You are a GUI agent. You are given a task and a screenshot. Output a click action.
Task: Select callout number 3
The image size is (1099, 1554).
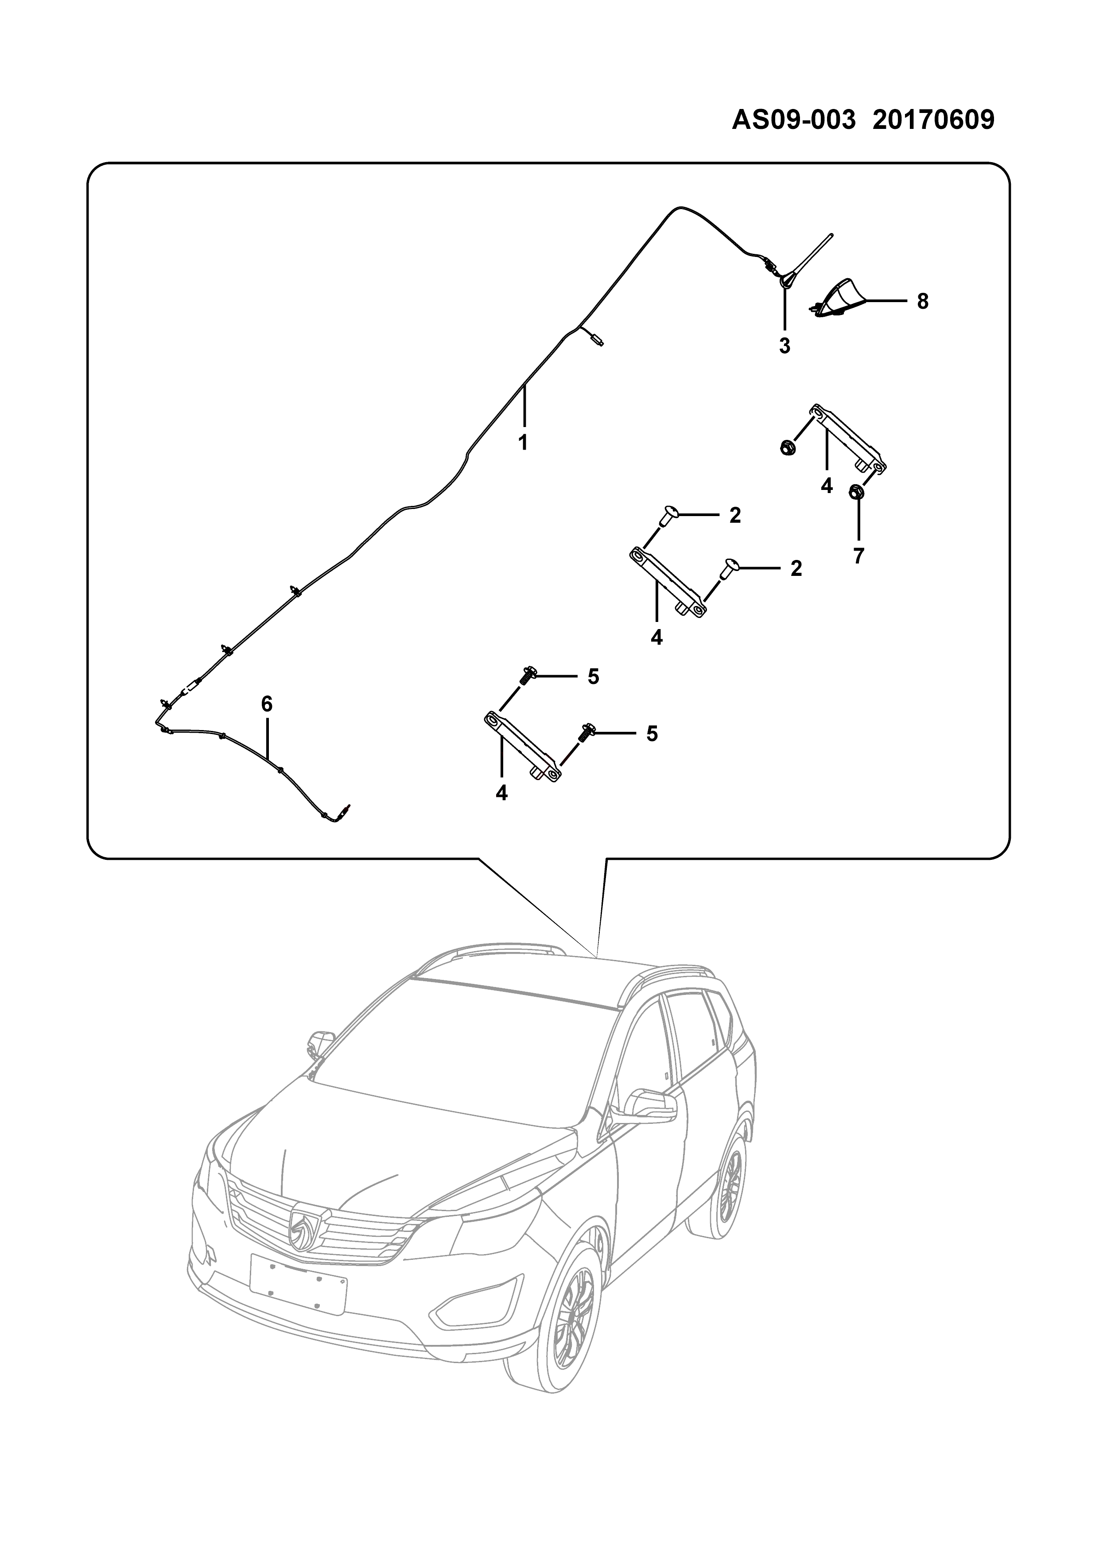coord(784,346)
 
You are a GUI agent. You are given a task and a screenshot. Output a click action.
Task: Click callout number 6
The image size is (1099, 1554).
coord(267,705)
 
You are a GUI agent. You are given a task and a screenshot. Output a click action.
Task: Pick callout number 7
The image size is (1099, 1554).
coord(859,556)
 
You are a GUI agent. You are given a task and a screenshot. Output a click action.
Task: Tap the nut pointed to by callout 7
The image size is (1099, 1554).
coord(854,493)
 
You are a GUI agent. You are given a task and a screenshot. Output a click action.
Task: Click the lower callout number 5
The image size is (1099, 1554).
coord(652,734)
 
